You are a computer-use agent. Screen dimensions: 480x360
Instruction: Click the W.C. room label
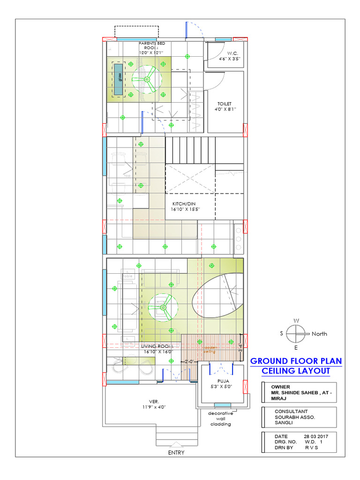[230, 56]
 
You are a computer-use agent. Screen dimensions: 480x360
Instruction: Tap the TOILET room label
[224, 106]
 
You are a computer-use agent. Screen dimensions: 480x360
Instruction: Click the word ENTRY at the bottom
[176, 453]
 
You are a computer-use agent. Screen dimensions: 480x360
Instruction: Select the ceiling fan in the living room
[163, 308]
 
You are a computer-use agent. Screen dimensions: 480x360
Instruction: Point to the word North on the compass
[319, 334]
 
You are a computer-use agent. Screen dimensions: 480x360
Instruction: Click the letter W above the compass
[296, 321]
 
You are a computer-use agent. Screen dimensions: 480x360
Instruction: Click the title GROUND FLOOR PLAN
[296, 361]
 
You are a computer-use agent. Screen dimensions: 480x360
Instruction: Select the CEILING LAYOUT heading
[296, 371]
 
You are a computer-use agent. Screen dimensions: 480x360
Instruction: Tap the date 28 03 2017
[316, 436]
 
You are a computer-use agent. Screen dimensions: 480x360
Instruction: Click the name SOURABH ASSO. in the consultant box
[294, 417]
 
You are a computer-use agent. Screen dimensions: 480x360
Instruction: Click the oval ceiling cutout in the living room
[217, 296]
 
